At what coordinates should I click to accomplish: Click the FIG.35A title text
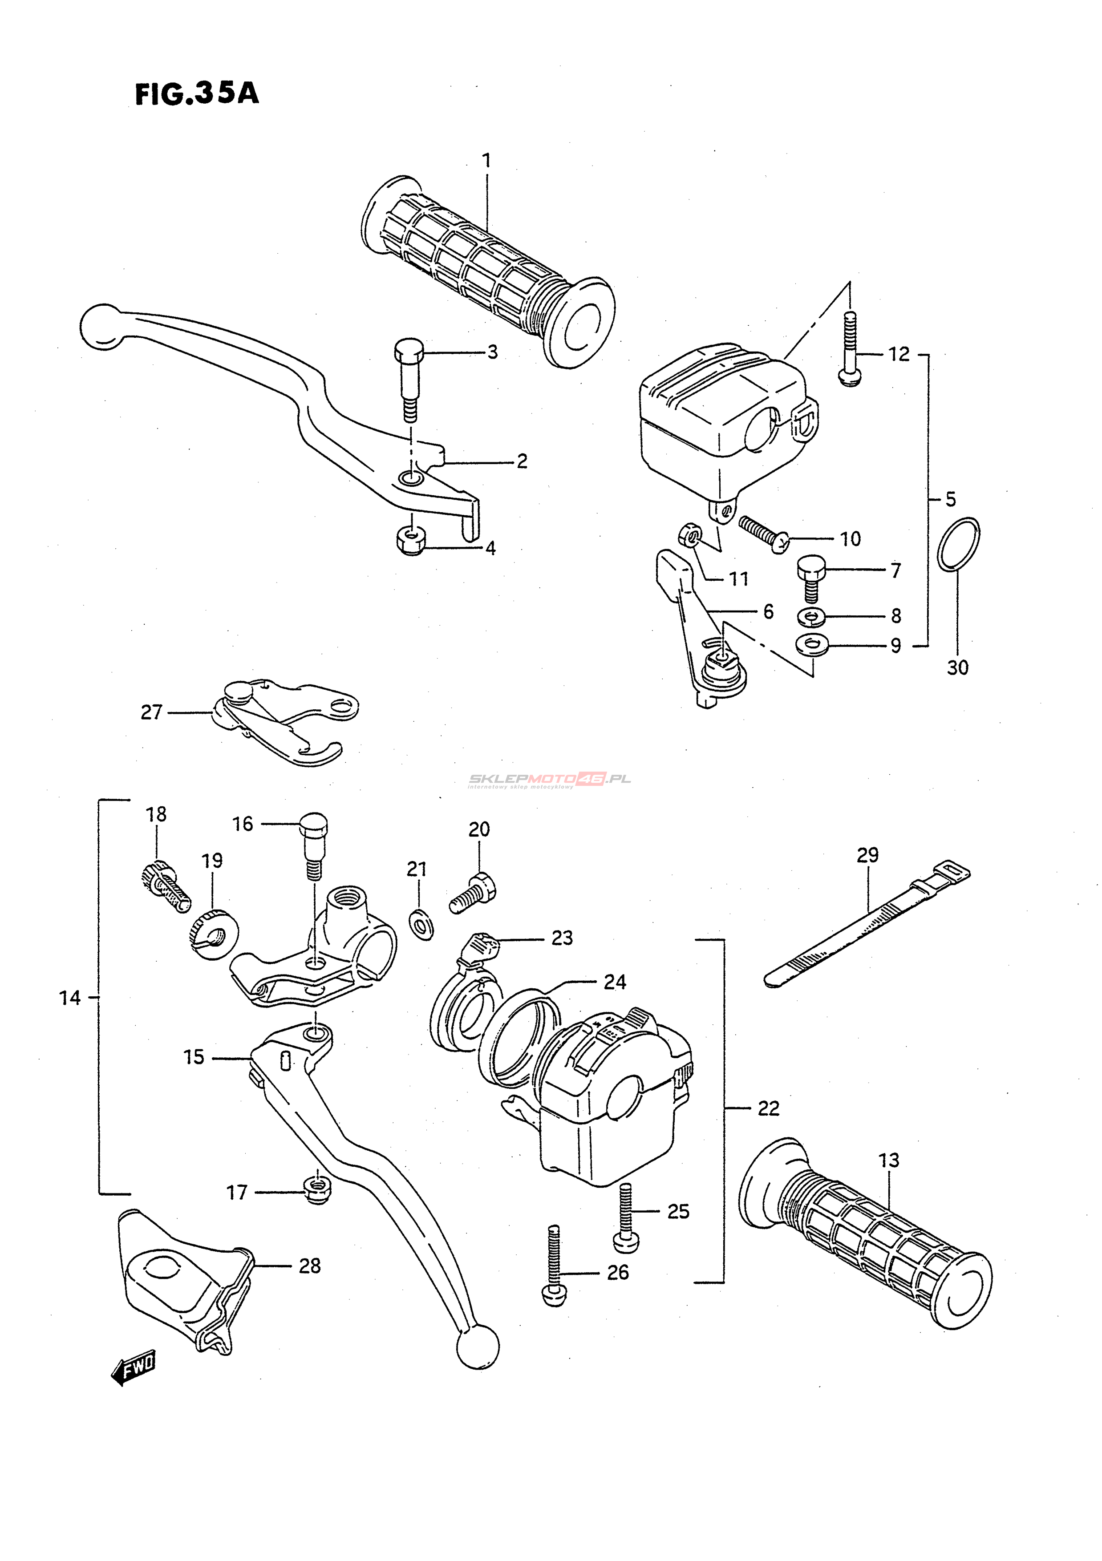197,94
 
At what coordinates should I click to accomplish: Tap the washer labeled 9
810,644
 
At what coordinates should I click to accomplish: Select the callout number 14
69,998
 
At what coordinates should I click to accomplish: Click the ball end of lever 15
477,1347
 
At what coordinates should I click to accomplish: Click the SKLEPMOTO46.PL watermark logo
549,780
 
